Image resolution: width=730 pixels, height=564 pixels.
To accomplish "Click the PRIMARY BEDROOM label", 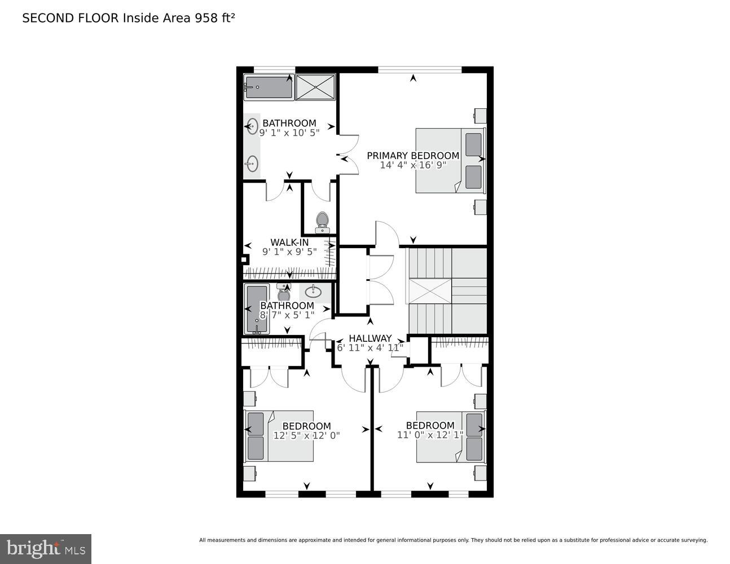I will [413, 156].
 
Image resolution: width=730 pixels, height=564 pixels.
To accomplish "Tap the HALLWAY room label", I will [370, 338].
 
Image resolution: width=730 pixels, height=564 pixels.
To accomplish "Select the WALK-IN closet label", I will [289, 243].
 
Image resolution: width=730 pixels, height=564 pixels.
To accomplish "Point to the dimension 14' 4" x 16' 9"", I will [413, 165].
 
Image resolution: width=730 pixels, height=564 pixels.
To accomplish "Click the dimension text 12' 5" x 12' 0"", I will [306, 435].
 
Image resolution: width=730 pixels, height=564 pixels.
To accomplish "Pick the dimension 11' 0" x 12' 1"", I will [430, 435].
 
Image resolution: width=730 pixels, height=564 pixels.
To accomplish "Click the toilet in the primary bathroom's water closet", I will [322, 222].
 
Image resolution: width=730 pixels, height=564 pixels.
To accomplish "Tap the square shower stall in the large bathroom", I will [315, 87].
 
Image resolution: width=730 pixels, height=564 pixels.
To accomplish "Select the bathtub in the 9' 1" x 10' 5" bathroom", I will [269, 87].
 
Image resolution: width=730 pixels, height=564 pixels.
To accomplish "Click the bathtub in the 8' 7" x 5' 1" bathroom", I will [257, 309].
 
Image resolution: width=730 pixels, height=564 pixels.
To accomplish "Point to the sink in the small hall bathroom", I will [313, 292].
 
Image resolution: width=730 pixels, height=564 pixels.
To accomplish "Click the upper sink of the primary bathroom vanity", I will [252, 126].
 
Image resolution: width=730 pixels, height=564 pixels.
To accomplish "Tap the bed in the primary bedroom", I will [450, 161].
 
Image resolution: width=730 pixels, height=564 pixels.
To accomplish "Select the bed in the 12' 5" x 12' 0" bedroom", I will [279, 436].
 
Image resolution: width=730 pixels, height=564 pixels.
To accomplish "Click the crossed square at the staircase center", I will [430, 292].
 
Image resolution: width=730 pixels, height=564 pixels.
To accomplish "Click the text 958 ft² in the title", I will [214, 18].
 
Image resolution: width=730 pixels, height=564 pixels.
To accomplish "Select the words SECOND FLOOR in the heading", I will [71, 18].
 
